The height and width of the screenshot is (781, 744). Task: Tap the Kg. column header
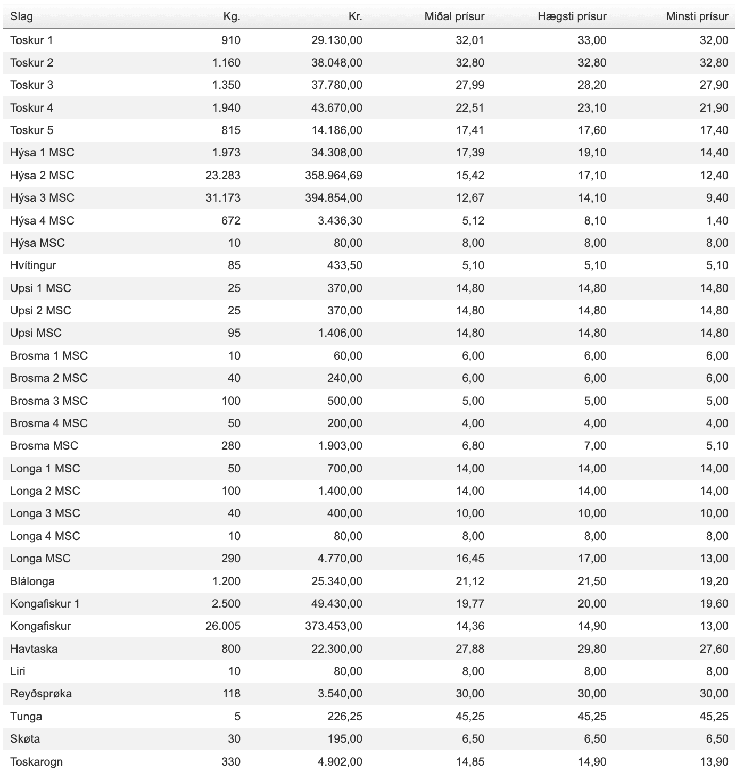232,16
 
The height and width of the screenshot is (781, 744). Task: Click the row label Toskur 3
31,85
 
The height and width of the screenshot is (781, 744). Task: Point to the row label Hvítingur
33,265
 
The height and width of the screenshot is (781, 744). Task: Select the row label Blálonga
32,581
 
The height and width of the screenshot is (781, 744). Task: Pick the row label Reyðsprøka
41,694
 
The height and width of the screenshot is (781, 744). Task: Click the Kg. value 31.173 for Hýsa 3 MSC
223,198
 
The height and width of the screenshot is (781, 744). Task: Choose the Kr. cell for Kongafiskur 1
336,604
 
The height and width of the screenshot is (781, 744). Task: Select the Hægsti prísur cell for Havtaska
592,649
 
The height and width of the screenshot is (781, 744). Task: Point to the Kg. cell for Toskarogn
230,762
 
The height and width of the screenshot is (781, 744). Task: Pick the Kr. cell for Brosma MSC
340,446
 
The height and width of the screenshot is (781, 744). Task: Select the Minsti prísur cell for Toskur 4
714,108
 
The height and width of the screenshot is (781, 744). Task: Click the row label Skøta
25,739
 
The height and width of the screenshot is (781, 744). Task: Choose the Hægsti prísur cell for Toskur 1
592,40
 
